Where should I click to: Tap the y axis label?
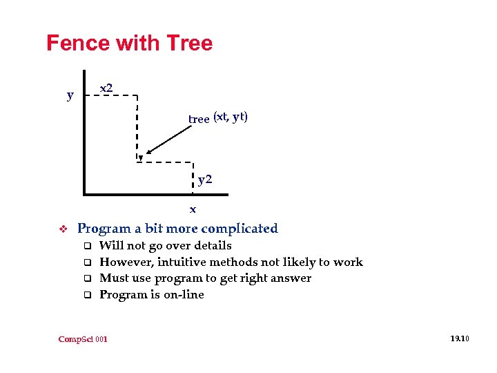point(70,95)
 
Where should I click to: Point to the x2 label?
point(106,88)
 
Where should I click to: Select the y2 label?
point(205,181)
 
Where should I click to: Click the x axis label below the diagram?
point(193,209)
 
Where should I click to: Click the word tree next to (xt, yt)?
point(199,119)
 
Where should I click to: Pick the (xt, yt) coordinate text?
point(231,117)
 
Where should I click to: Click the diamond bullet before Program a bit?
point(61,229)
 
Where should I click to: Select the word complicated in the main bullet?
point(239,229)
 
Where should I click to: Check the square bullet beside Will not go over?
point(88,246)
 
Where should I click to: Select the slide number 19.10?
point(459,338)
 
